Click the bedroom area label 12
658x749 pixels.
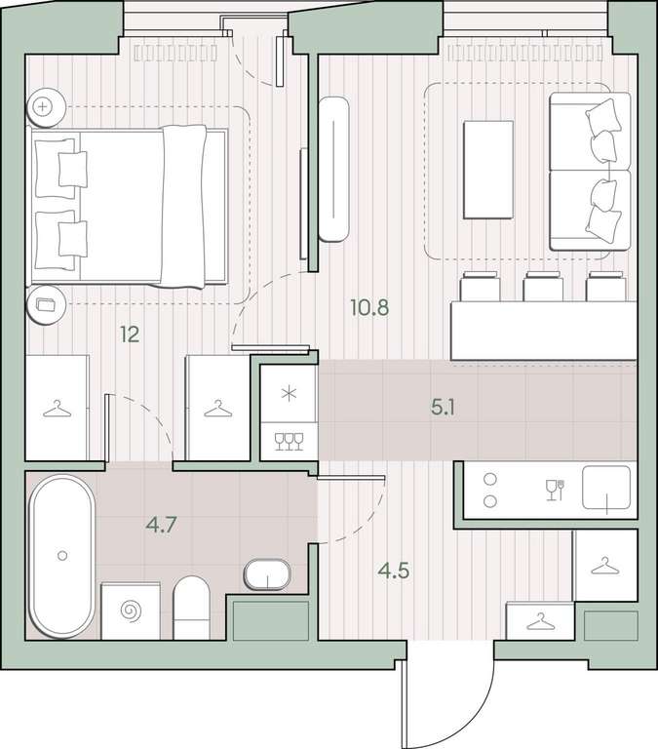coord(130,335)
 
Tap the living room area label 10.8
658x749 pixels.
coord(369,307)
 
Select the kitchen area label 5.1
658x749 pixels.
coord(443,408)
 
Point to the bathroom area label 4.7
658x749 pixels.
coord(162,525)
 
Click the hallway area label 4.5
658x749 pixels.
coord(394,571)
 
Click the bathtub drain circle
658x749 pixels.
coord(62,555)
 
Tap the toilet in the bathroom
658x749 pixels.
coord(191,608)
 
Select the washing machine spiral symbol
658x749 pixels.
coord(132,611)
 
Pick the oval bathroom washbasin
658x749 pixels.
coord(267,574)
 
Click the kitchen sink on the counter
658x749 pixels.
coord(606,487)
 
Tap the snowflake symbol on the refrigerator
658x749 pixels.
coord(289,394)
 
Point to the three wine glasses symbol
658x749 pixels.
coord(289,442)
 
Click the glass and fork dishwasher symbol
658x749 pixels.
coord(556,490)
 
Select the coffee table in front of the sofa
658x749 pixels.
coord(488,170)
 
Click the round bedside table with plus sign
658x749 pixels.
coord(46,107)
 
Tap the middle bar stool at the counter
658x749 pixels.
coord(543,286)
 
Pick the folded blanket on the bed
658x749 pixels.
coord(183,207)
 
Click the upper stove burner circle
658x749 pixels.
coord(490,479)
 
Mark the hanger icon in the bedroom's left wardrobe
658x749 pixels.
coord(57,409)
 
